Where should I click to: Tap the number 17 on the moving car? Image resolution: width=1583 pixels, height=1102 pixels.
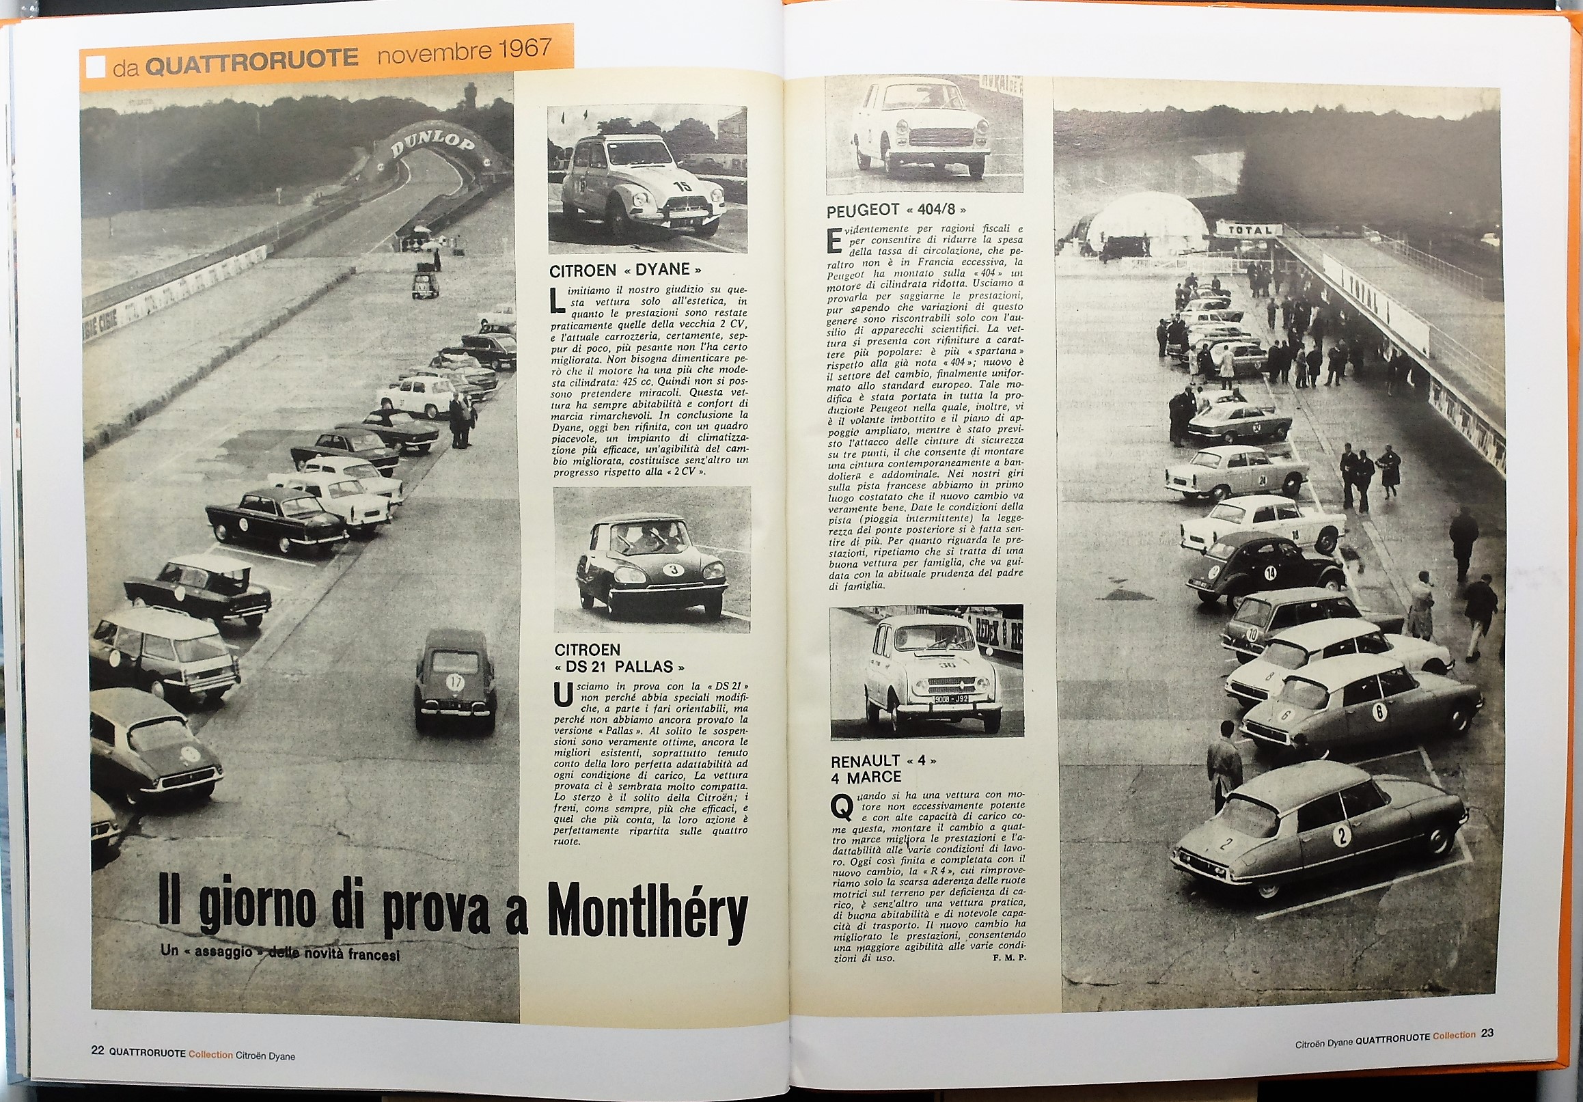455,682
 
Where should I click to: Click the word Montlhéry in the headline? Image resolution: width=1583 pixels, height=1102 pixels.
648,908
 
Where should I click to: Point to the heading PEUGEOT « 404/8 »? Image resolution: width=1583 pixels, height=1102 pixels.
896,210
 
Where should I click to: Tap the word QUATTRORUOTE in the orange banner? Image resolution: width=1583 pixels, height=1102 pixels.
253,59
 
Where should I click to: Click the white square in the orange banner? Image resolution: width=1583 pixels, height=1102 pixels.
95,66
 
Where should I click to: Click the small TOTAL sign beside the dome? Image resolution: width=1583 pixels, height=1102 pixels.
1249,230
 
